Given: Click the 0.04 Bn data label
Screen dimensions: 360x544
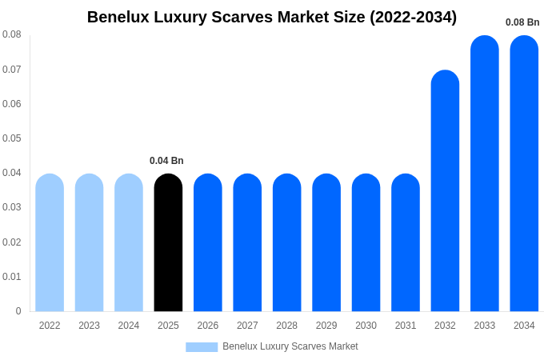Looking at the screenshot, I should coord(166,161).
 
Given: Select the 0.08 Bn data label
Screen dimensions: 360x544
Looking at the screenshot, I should coord(522,22).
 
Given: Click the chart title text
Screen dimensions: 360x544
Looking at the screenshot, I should coord(272,17).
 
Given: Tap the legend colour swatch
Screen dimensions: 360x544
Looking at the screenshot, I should coord(202,347).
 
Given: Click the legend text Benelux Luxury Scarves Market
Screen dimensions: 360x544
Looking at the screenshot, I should coord(290,346).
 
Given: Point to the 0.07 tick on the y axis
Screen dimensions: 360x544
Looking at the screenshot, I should coord(12,70).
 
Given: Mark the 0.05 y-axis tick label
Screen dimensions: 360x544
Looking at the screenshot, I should coord(12,138).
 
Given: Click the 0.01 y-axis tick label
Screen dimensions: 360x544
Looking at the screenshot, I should coord(12,277).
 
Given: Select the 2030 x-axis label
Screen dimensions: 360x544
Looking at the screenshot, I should coord(366,326).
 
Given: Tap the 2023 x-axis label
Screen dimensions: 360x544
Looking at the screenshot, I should coord(89,326).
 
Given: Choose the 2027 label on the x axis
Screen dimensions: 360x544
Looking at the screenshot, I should coord(247,326).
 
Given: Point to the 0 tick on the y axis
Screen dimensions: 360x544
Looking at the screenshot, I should coord(18,311).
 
